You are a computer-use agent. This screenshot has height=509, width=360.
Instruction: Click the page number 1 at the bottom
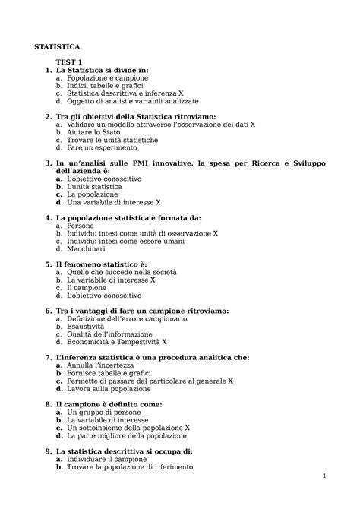(324, 477)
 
